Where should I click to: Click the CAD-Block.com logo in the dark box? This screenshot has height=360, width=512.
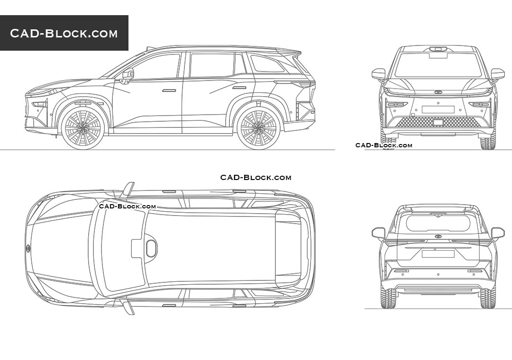(x=64, y=33)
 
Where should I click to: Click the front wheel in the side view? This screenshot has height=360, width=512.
(x=83, y=126)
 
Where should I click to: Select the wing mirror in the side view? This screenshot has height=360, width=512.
(x=128, y=74)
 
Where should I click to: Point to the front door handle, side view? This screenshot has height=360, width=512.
(x=169, y=90)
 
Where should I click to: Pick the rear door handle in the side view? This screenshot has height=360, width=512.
(x=239, y=88)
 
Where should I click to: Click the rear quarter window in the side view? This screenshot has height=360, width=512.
(x=266, y=64)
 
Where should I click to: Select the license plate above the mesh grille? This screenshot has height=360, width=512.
(x=438, y=109)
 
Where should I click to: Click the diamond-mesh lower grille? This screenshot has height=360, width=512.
(x=438, y=122)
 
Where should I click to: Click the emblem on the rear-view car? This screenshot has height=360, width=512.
(x=438, y=236)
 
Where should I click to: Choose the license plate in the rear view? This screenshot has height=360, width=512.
(x=438, y=254)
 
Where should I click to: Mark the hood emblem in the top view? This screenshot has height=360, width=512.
(x=28, y=248)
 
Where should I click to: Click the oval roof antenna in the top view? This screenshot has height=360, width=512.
(x=151, y=248)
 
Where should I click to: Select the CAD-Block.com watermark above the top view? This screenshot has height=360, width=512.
(x=256, y=178)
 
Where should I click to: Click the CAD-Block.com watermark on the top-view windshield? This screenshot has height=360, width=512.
(x=127, y=206)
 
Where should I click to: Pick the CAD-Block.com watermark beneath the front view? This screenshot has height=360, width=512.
(x=384, y=145)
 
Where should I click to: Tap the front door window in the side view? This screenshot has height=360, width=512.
(x=156, y=66)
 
